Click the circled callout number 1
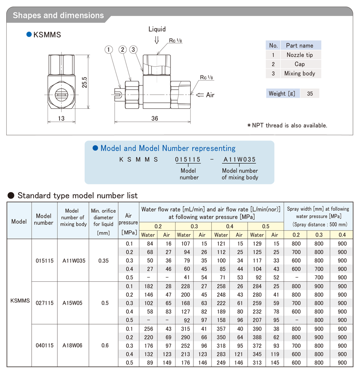109,49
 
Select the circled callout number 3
133,49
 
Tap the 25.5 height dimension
84,82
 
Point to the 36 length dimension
155,118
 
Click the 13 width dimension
61,118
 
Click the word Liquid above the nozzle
157,29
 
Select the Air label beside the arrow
210,95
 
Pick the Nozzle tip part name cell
300,55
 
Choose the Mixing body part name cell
300,73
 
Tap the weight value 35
310,93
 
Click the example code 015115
188,159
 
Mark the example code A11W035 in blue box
239,159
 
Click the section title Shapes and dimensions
59,16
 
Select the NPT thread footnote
287,125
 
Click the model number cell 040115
44,345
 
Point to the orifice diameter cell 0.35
103,260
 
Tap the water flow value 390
257,329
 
